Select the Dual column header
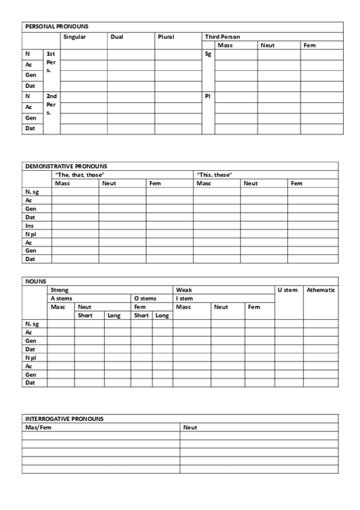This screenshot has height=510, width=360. pyautogui.click(x=117, y=37)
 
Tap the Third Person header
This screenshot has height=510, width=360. pyautogui.click(x=222, y=37)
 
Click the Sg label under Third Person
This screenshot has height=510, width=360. pyautogui.click(x=208, y=54)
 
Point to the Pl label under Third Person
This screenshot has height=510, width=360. pyautogui.click(x=208, y=96)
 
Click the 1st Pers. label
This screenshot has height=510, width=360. pyautogui.click(x=51, y=62)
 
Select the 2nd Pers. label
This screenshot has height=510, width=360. pyautogui.click(x=51, y=103)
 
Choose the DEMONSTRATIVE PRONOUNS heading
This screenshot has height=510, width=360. pyautogui.click(x=66, y=166)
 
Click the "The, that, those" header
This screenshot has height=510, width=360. pyautogui.click(x=80, y=174)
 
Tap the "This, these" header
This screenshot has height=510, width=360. pyautogui.click(x=215, y=174)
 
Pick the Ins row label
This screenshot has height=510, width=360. pyautogui.click(x=29, y=226)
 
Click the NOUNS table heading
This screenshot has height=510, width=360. pyautogui.click(x=35, y=281)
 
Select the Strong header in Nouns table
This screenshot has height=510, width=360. pyautogui.click(x=59, y=290)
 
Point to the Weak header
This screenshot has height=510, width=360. pyautogui.click(x=183, y=290)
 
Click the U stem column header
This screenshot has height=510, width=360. pyautogui.click(x=287, y=290)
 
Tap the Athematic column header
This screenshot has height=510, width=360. pyautogui.click(x=320, y=290)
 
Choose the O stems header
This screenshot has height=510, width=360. pyautogui.click(x=144, y=298)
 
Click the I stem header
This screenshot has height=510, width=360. pyautogui.click(x=184, y=298)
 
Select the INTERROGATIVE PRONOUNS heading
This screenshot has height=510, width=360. pyautogui.click(x=64, y=419)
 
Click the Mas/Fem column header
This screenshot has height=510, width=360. pyautogui.click(x=38, y=427)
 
